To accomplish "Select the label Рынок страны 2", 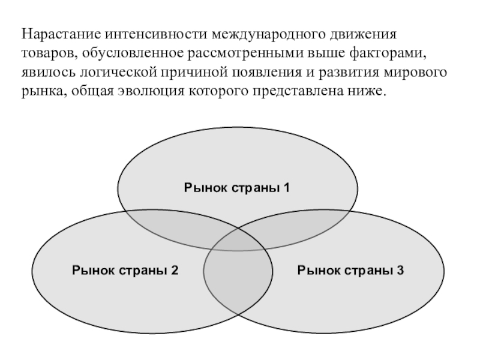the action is pyautogui.click(x=125, y=270).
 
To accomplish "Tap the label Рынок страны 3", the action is pyautogui.click(x=351, y=270).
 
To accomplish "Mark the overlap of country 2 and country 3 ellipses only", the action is pyautogui.click(x=236, y=288).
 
